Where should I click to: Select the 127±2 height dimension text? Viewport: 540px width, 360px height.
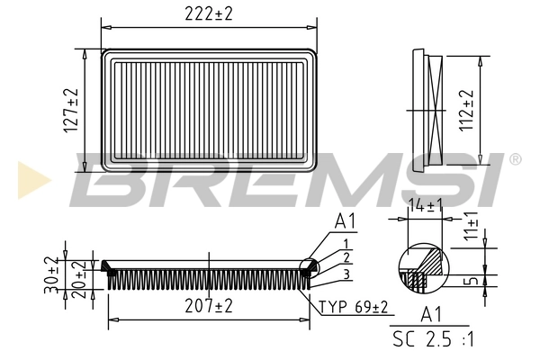(x=71, y=111)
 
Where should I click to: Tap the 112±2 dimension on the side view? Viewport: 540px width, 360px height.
(x=466, y=109)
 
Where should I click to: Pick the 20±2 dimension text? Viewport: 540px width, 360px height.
(x=78, y=280)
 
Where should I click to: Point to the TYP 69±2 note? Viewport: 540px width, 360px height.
(x=354, y=308)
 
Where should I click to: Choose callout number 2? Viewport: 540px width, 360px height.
(x=346, y=258)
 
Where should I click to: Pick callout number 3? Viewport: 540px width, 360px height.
(x=346, y=274)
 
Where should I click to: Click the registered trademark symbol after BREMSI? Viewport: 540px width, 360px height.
(x=515, y=159)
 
